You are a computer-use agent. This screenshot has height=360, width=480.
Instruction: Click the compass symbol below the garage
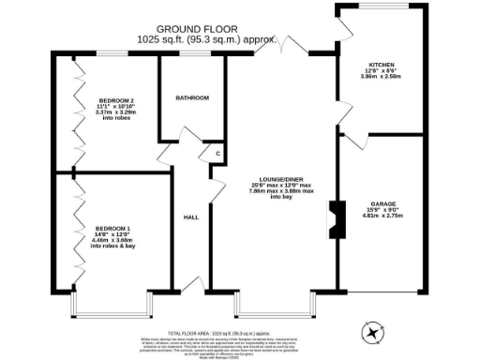373,332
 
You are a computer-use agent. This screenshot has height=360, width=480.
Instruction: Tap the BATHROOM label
192,98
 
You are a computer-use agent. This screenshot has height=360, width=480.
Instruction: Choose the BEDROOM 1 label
112,228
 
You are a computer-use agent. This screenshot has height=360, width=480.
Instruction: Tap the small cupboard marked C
217,153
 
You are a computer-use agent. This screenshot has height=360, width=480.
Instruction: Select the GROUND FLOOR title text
196,30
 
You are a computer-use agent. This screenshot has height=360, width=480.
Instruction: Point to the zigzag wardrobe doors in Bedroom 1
74,234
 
